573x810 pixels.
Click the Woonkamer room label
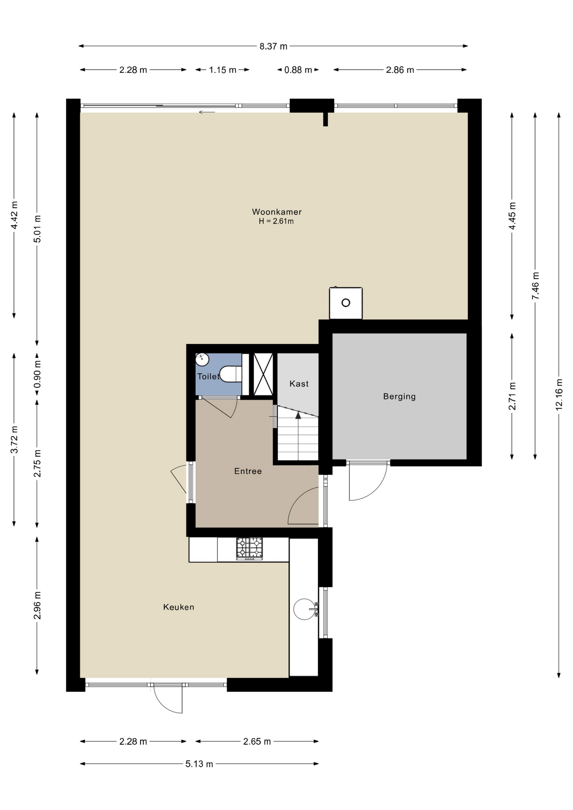click(x=277, y=212)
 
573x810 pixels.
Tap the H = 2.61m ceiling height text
click(x=276, y=221)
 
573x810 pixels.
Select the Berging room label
click(x=399, y=397)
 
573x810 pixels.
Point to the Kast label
click(x=299, y=384)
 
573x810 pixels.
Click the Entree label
click(x=248, y=471)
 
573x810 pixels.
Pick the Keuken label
click(x=178, y=607)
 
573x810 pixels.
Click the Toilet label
click(x=208, y=376)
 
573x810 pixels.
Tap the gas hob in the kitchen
click(x=249, y=548)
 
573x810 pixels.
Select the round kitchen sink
click(x=304, y=609)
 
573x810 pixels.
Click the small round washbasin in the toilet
click(x=203, y=359)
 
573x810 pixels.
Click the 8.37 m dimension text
click(x=273, y=46)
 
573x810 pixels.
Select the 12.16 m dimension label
click(x=559, y=394)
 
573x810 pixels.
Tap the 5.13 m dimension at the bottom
click(x=199, y=764)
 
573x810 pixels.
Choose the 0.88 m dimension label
click(x=298, y=70)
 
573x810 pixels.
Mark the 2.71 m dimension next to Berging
click(x=512, y=396)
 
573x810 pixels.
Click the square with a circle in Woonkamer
click(x=346, y=303)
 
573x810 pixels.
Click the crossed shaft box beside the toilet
click(x=263, y=374)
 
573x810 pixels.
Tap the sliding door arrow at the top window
click(x=207, y=112)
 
